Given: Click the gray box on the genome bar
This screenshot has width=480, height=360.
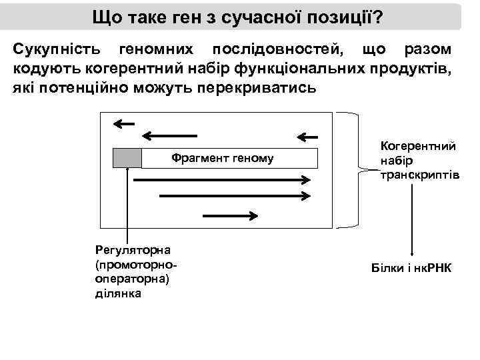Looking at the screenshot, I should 127,158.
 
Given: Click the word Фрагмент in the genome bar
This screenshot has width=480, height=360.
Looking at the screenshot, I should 197,158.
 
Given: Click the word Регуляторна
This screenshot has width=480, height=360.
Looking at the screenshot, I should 133,250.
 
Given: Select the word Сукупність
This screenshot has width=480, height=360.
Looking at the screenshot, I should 57,51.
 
